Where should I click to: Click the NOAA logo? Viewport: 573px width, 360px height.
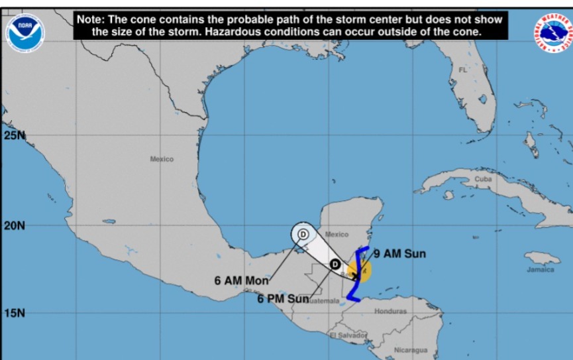click(25, 32)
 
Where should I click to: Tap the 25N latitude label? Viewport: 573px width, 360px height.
click(14, 135)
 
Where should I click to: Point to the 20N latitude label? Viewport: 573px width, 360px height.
click(14, 225)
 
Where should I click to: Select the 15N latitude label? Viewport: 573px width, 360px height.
click(14, 313)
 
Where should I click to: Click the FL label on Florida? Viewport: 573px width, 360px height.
click(462, 70)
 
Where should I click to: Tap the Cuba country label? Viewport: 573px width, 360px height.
click(483, 179)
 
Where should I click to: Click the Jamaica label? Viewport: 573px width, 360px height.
click(541, 270)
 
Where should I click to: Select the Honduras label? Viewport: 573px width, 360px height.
click(390, 311)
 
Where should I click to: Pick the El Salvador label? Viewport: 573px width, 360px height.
click(348, 335)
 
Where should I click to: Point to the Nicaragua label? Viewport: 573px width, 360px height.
click(411, 350)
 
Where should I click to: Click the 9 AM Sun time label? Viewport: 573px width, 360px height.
click(399, 253)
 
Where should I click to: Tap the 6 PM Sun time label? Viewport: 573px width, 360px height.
click(283, 299)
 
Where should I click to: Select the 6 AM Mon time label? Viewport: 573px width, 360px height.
click(241, 280)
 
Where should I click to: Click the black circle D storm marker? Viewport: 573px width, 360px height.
click(336, 263)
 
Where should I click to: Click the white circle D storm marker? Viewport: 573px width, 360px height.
click(303, 233)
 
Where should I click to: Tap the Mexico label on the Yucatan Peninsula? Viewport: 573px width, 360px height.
click(337, 234)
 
